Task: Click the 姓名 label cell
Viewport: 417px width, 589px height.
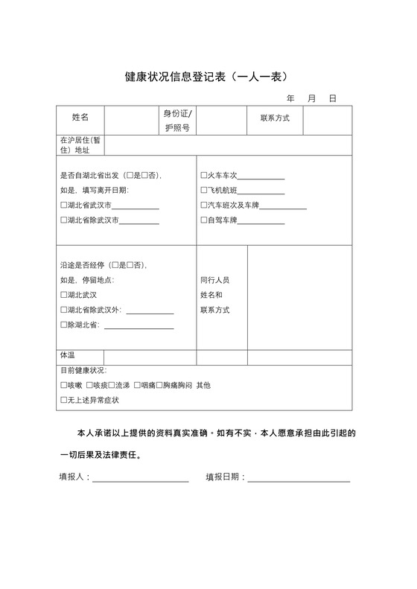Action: click(x=80, y=118)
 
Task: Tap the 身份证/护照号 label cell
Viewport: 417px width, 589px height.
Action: click(x=177, y=120)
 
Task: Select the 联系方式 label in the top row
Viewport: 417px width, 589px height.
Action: click(x=275, y=118)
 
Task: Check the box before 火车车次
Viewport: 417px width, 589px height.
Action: click(x=203, y=176)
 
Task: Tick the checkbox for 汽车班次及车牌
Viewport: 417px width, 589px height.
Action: click(x=203, y=205)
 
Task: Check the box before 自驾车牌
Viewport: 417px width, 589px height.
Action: click(x=203, y=220)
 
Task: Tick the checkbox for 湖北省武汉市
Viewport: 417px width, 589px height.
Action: click(x=63, y=205)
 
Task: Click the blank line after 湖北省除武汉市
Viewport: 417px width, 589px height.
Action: click(x=139, y=221)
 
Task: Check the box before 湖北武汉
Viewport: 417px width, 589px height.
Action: click(x=63, y=295)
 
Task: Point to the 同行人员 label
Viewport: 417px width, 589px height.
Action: click(x=214, y=280)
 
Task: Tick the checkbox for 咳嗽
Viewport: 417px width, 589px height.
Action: click(x=63, y=385)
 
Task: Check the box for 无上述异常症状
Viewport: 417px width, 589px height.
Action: click(x=63, y=400)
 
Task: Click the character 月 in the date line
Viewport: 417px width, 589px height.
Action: click(x=312, y=98)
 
